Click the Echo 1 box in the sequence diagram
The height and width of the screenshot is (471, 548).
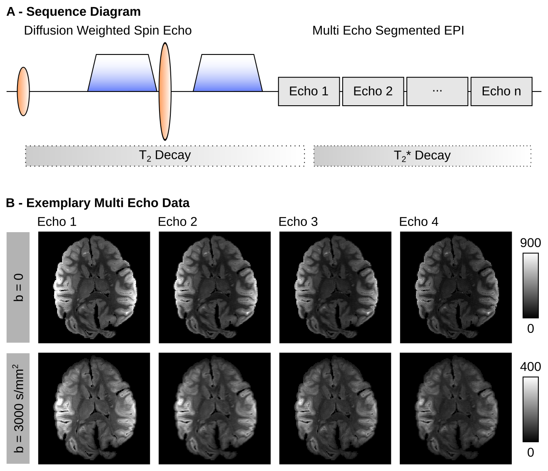[309, 91]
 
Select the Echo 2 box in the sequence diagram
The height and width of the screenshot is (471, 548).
[373, 91]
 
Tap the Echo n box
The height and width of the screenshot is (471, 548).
[501, 91]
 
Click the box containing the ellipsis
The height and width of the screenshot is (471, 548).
[437, 91]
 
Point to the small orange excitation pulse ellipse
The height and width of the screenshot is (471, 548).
[23, 91]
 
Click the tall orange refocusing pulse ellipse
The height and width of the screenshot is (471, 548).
[165, 91]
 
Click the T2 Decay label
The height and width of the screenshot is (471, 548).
[164, 156]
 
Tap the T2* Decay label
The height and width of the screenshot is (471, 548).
[422, 156]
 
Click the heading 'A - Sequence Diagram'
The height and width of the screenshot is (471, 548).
[73, 12]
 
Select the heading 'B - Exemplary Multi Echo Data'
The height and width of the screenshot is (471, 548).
[98, 203]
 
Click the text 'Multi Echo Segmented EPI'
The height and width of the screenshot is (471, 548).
[388, 31]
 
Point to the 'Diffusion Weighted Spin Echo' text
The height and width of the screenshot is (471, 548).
[108, 31]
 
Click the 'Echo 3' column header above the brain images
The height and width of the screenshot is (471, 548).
[298, 222]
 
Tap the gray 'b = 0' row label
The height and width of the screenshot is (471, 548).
[18, 287]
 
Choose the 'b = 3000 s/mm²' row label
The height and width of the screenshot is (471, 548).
[18, 408]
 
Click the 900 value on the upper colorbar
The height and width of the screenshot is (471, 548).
[531, 243]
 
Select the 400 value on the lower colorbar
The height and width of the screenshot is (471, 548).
[531, 367]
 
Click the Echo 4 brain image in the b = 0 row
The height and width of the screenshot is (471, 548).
[456, 287]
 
